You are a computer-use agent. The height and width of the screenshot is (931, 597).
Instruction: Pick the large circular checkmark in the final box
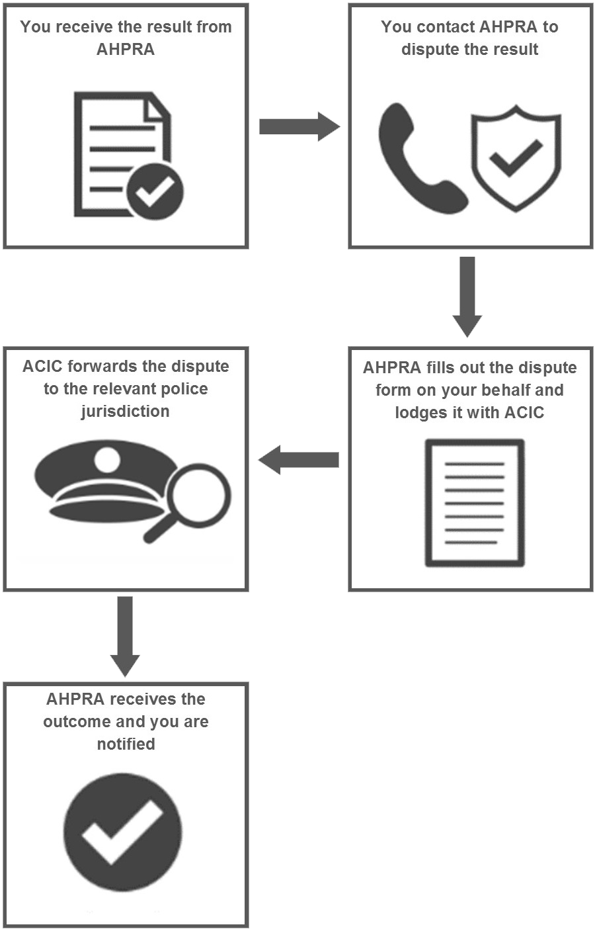pyautogui.click(x=123, y=832)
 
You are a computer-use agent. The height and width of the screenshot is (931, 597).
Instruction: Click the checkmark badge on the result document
pyautogui.click(x=155, y=191)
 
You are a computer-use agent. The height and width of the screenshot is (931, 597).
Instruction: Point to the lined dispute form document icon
pyautogui.click(x=475, y=502)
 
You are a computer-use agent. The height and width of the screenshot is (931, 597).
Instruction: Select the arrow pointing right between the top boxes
pyautogui.click(x=299, y=126)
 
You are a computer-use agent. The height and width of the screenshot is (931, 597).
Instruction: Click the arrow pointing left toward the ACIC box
pyautogui.click(x=299, y=460)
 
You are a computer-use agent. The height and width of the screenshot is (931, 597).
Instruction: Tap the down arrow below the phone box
pyautogui.click(x=467, y=296)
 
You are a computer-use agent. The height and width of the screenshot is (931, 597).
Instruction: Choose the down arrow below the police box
pyautogui.click(x=125, y=637)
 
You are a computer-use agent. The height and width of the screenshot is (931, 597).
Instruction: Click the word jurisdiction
pyautogui.click(x=125, y=412)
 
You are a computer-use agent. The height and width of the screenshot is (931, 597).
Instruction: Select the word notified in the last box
pyautogui.click(x=126, y=744)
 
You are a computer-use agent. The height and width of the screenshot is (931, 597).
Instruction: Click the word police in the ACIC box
pyautogui.click(x=184, y=389)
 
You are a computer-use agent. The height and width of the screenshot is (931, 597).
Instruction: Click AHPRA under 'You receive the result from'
pyautogui.click(x=126, y=50)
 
